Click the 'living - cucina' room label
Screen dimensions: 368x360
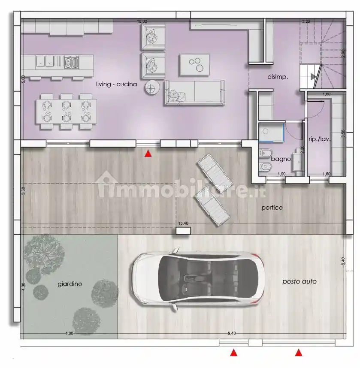point(116,84)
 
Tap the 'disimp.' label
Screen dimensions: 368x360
point(277,77)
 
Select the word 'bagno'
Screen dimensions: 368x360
point(281,159)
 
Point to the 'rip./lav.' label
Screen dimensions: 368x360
point(319,139)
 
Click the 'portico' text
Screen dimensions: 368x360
point(272,208)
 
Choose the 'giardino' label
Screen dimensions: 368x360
point(70,284)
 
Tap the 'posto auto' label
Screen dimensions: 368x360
point(299,281)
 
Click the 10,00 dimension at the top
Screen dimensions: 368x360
point(142,21)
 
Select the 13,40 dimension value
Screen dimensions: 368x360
point(183,223)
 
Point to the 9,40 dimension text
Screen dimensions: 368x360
point(232,333)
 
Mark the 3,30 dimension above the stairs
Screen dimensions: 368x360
point(306,21)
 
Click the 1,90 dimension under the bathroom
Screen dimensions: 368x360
point(281,174)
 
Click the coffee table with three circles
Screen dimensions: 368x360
point(194,64)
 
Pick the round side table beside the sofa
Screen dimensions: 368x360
point(151,88)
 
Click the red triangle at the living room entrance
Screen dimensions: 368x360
point(148,153)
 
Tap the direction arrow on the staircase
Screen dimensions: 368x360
point(314,77)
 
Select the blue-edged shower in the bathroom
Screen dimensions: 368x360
point(272,132)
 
